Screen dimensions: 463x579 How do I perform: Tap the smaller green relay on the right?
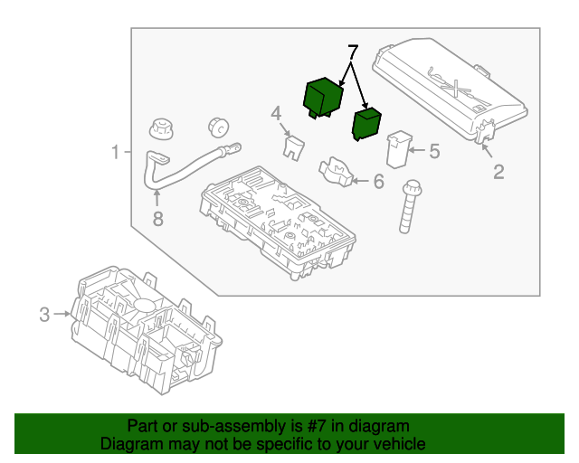click(367, 124)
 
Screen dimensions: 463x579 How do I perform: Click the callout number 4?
click(277, 113)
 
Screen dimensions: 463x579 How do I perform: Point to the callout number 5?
click(434, 151)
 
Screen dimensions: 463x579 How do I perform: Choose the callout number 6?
click(378, 182)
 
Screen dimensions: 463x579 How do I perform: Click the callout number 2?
click(498, 171)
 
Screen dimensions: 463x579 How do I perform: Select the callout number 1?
click(115, 152)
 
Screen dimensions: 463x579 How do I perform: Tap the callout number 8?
click(157, 218)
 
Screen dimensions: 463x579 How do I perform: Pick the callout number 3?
click(44, 315)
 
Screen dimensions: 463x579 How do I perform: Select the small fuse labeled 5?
click(399, 149)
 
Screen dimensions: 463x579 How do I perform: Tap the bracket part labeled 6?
click(336, 171)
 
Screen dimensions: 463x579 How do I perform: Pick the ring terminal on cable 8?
click(230, 143)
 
